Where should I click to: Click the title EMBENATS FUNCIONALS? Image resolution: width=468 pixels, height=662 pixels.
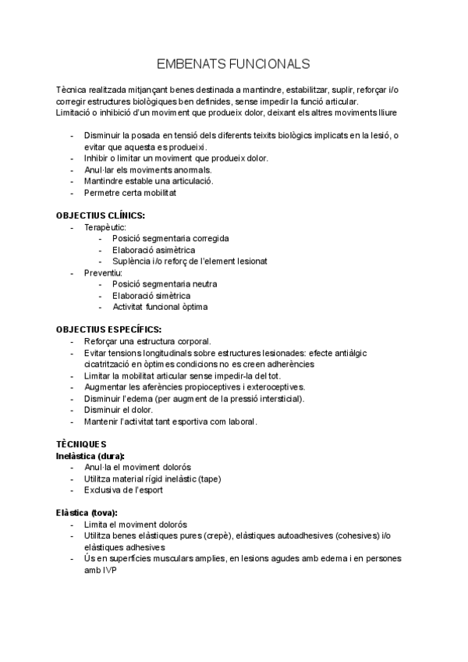pos(233,63)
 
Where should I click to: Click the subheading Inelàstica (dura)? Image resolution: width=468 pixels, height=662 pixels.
pos(90,455)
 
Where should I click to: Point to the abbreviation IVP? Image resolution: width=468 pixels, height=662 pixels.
pos(105,570)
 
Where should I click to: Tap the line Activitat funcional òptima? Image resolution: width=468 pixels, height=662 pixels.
pos(160,307)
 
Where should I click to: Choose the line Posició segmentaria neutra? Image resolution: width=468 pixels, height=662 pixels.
pos(165,284)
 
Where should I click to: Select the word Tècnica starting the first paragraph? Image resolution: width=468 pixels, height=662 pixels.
pos(73,91)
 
